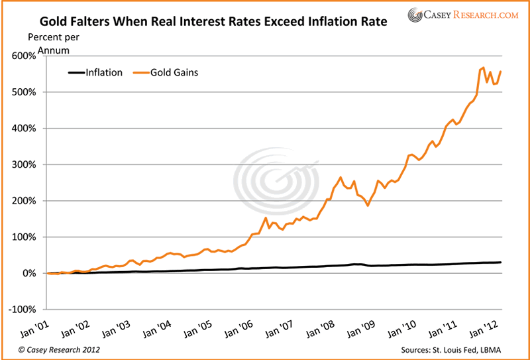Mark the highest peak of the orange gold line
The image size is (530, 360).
(x=483, y=68)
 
